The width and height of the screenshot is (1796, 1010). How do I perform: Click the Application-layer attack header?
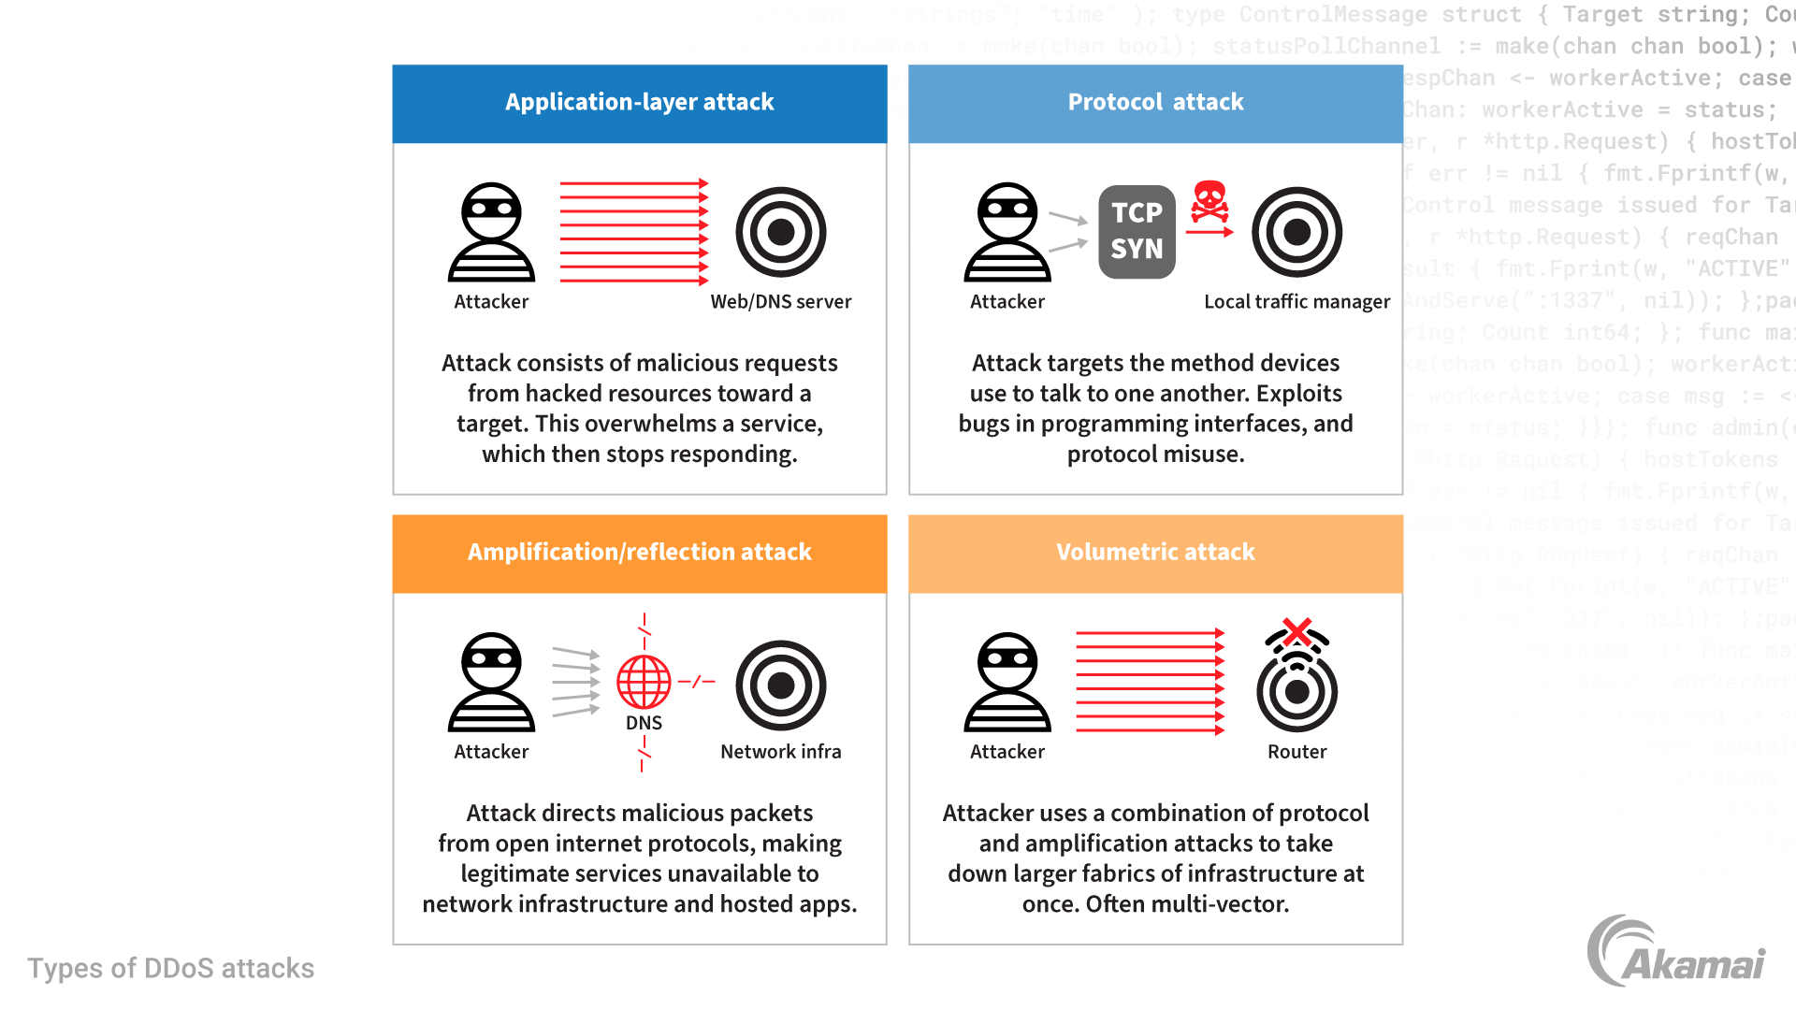639,103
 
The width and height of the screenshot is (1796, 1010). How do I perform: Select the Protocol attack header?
1155,103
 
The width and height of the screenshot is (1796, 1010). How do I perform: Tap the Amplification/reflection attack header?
639,553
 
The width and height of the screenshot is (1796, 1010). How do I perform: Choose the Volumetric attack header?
1155,553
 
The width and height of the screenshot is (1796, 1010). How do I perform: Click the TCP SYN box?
1137,232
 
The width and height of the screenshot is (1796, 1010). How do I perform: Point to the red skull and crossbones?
1209,201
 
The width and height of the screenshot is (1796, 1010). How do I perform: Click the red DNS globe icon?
644,682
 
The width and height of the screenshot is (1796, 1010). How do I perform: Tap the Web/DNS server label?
781,302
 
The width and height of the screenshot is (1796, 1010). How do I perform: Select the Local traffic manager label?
1296,302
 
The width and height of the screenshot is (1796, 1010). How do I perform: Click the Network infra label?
781,752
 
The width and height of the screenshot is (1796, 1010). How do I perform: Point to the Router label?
1296,752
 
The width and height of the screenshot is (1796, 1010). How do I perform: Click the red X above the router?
1296,632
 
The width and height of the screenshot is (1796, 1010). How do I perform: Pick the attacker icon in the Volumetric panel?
1007,682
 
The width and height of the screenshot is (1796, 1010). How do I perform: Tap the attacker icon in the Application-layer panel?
491,232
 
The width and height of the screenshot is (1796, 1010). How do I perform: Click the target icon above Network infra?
781,685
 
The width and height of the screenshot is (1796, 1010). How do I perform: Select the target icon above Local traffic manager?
1296,232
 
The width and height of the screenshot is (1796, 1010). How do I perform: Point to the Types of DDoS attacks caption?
170,969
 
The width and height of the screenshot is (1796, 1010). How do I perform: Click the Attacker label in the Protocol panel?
1007,302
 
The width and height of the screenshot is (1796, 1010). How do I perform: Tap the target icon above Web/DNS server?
781,232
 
